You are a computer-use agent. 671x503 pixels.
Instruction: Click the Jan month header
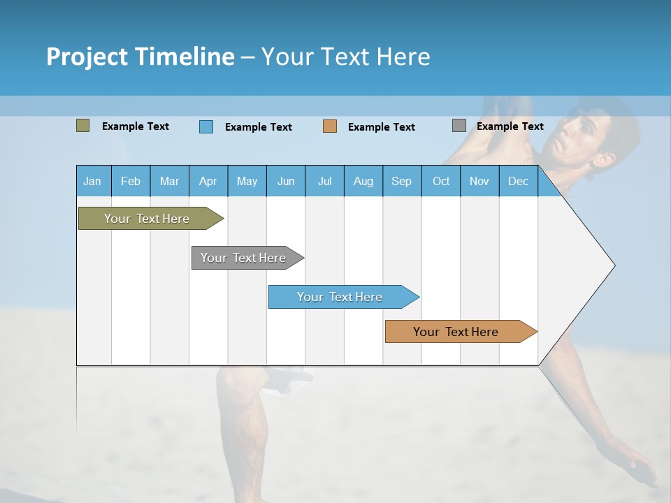pos(92,181)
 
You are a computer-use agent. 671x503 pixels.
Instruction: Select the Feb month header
pos(131,181)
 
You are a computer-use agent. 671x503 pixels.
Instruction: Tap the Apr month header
pos(208,181)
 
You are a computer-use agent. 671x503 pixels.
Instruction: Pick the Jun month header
pos(286,181)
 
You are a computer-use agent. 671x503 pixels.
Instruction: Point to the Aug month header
pos(363,181)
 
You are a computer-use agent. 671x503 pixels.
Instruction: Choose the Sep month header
pos(401,181)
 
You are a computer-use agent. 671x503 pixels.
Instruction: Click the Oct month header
pos(441,181)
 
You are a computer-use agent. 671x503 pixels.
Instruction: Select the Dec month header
pos(518,181)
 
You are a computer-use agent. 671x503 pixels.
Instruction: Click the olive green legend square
pos(82,126)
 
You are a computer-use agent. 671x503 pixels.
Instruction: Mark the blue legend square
pos(206,126)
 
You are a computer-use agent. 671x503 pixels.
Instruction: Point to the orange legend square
pos(330,126)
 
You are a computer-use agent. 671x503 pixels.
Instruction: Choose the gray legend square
pos(459,126)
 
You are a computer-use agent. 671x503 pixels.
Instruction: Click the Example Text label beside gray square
pos(510,126)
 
